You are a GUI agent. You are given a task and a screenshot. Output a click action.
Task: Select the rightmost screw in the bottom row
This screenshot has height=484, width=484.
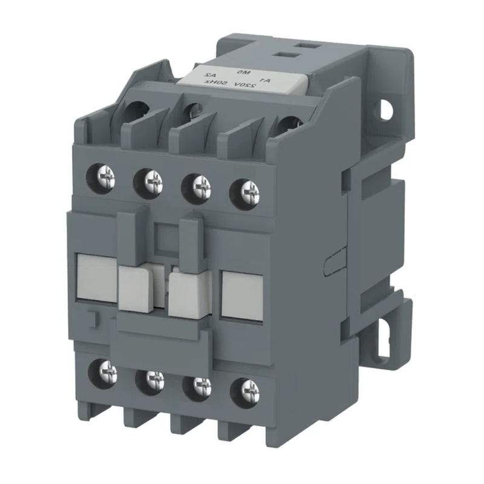click(x=244, y=388)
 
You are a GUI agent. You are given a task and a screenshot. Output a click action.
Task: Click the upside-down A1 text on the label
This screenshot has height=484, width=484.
click(x=265, y=79)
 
